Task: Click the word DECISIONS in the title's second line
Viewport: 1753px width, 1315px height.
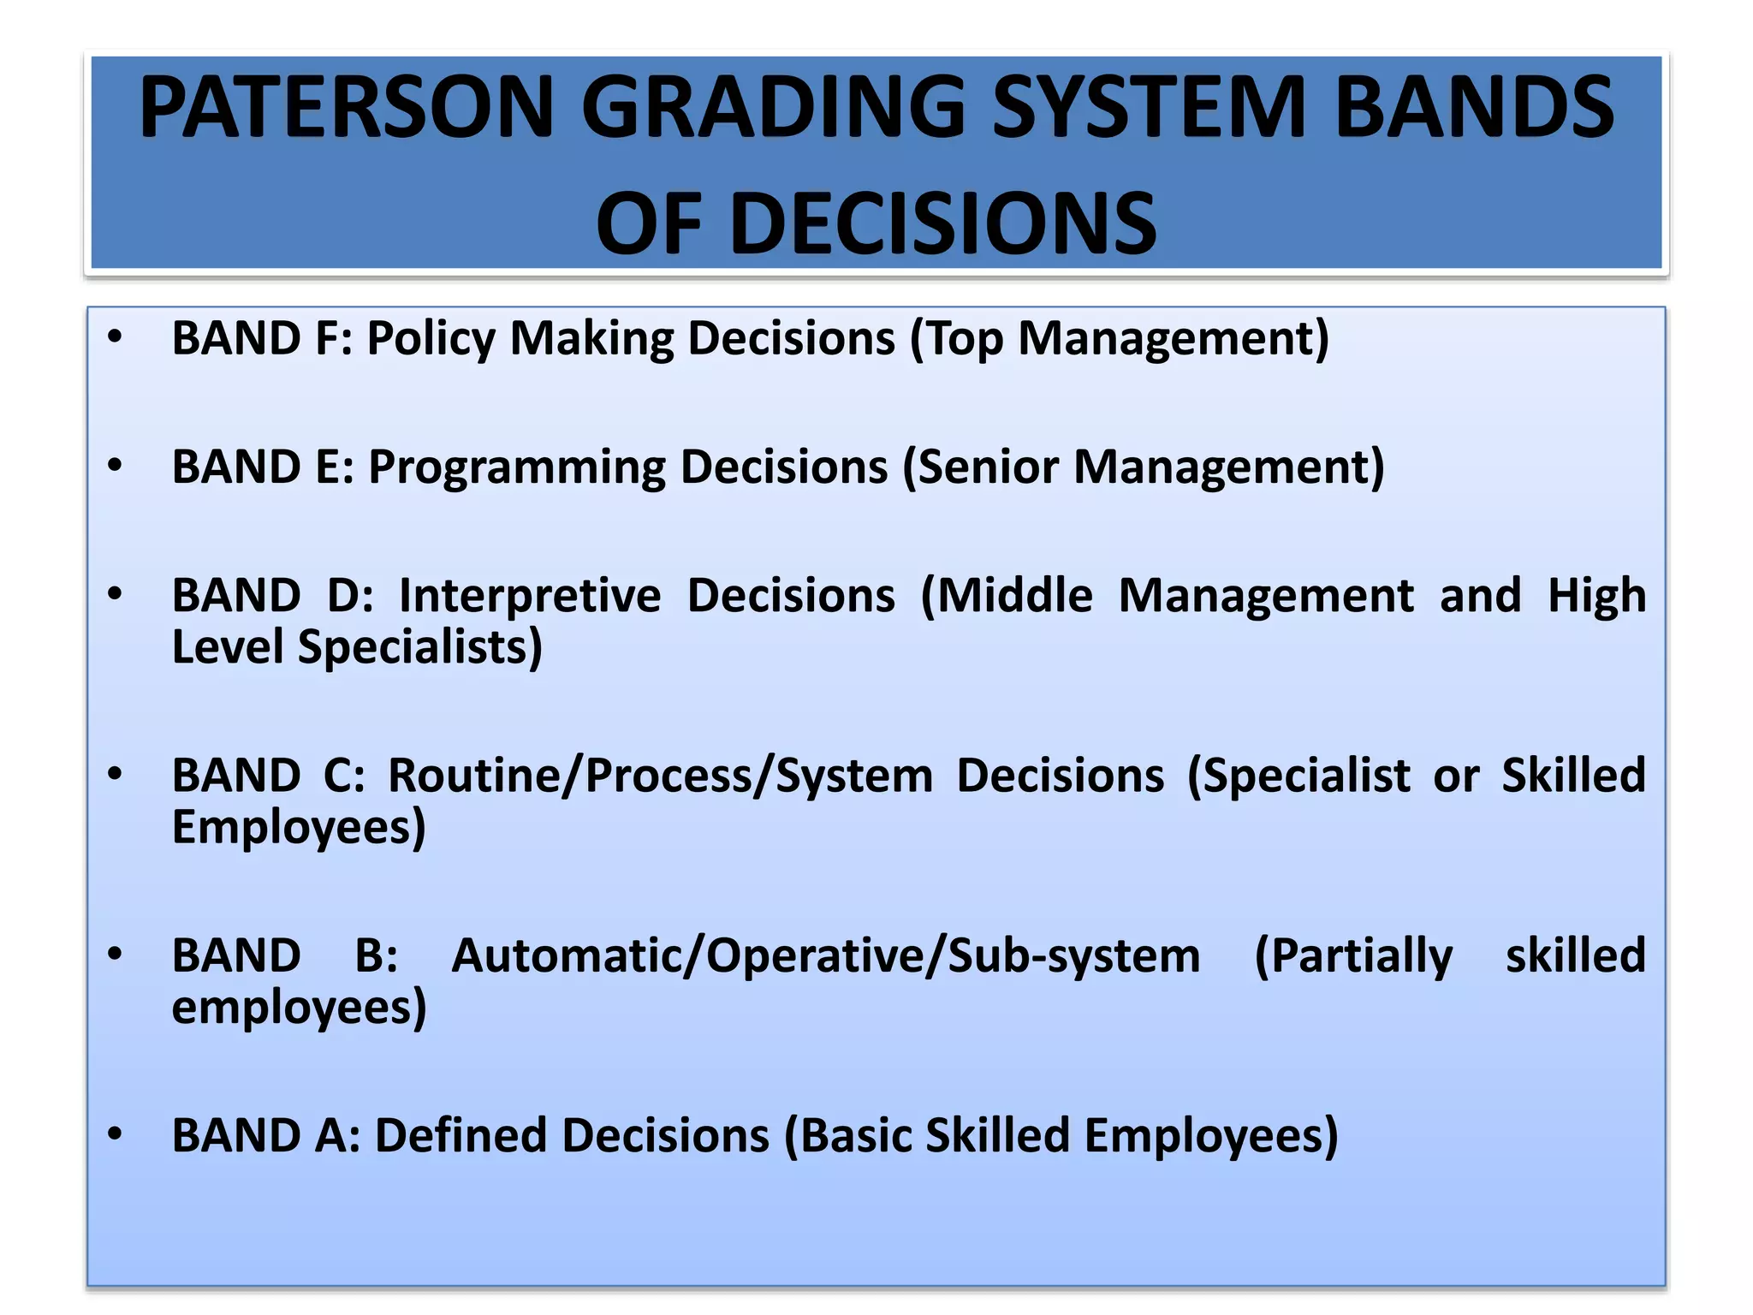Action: coord(942,224)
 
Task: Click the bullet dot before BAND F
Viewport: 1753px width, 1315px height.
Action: coord(115,337)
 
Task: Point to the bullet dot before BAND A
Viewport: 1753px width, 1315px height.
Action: coord(115,1134)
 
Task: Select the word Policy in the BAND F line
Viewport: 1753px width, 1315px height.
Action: coord(431,339)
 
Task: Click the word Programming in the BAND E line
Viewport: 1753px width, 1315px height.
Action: coord(516,468)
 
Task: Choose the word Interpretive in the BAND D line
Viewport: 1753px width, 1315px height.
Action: coord(529,596)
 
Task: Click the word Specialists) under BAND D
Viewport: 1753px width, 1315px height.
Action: coord(419,647)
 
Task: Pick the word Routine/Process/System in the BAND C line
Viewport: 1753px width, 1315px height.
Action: coord(660,777)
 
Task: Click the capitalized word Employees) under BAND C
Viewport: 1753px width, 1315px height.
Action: coord(298,828)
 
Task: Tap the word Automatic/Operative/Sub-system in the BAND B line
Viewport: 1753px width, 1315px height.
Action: coord(825,956)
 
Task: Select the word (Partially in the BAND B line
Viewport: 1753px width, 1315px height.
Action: coord(1352,956)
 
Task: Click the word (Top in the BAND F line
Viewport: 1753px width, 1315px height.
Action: coord(955,339)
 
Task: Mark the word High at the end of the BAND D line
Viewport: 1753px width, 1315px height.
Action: coord(1596,596)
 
